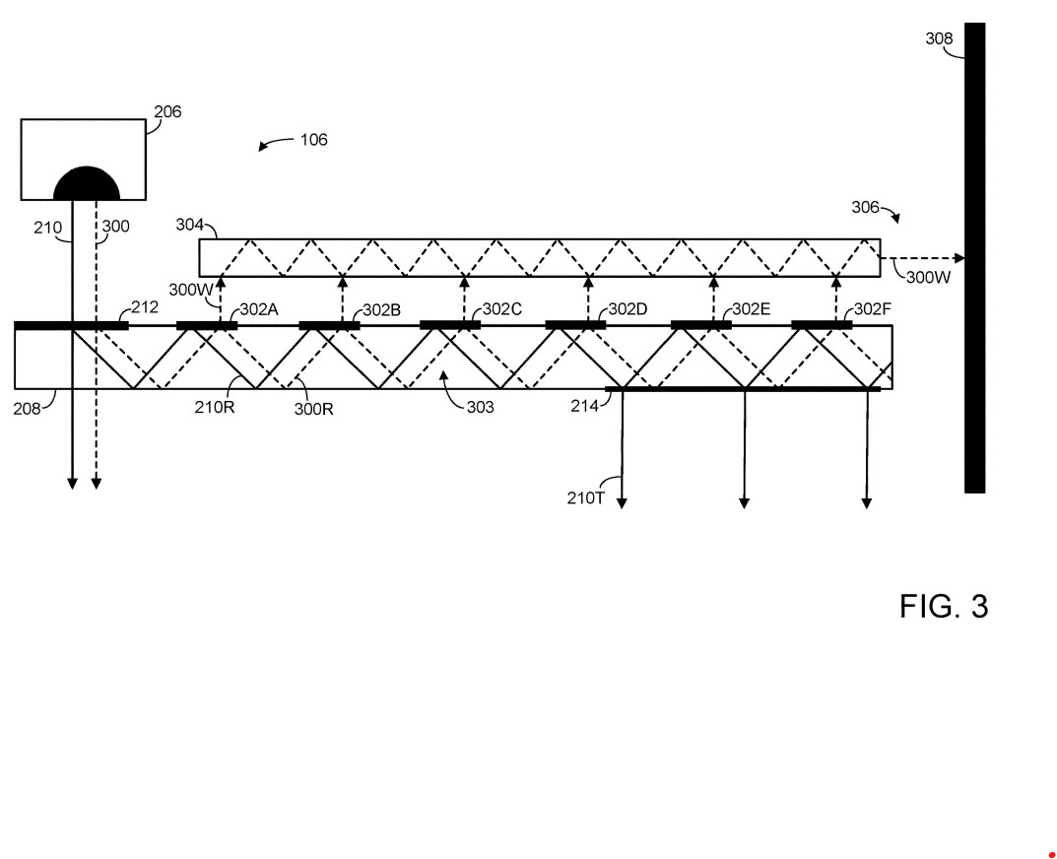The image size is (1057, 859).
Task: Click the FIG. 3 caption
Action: pos(943,606)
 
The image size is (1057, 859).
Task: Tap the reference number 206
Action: pos(168,112)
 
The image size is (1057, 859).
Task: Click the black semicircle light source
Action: pos(87,183)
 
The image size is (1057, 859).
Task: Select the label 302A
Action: pos(259,309)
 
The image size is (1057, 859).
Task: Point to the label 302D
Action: pos(628,309)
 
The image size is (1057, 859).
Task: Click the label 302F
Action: pos(873,309)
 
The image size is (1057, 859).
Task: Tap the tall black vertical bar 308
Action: pos(974,257)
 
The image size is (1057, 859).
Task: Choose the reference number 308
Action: pos(939,38)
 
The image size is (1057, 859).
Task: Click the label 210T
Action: pos(585,498)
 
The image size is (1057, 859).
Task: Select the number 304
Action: pos(190,225)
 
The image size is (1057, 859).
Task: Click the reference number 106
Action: pos(313,140)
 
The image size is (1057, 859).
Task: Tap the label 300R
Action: pos(313,409)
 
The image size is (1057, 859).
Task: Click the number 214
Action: pos(585,405)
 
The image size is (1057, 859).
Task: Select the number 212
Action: pos(144,306)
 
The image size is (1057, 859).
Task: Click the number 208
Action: pos(29,407)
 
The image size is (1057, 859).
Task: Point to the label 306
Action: pos(866,207)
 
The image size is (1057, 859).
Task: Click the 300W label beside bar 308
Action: pos(929,278)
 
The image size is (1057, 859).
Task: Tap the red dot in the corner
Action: pos(1052,854)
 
